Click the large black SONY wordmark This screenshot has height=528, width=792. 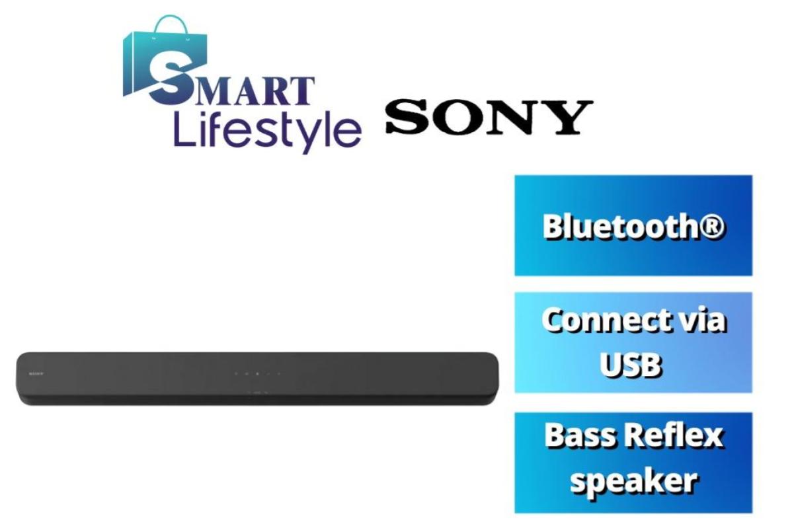(x=488, y=117)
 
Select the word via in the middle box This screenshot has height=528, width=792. (x=702, y=321)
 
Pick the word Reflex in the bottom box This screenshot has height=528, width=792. (x=676, y=437)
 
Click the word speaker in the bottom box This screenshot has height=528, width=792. (x=633, y=480)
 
